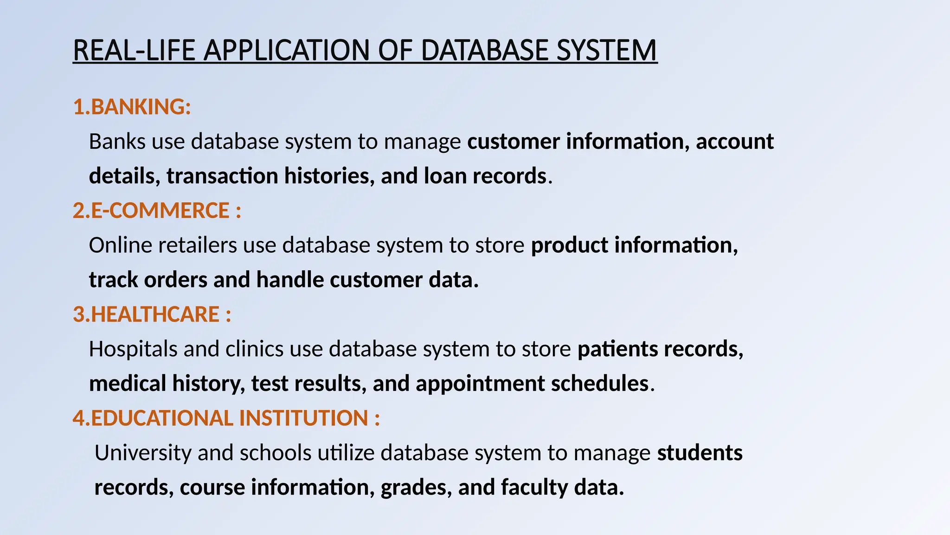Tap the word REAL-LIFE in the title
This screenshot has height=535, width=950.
click(134, 50)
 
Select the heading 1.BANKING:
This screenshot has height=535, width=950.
click(132, 107)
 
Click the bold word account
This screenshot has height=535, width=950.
click(735, 141)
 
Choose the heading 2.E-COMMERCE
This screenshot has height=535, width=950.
click(157, 210)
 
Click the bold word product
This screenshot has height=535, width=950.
click(570, 245)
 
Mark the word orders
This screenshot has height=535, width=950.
click(176, 280)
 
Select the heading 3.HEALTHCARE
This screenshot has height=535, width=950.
click(152, 314)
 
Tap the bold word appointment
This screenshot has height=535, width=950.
click(480, 384)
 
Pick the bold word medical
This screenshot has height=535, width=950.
click(128, 384)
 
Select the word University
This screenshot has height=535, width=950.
click(143, 453)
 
